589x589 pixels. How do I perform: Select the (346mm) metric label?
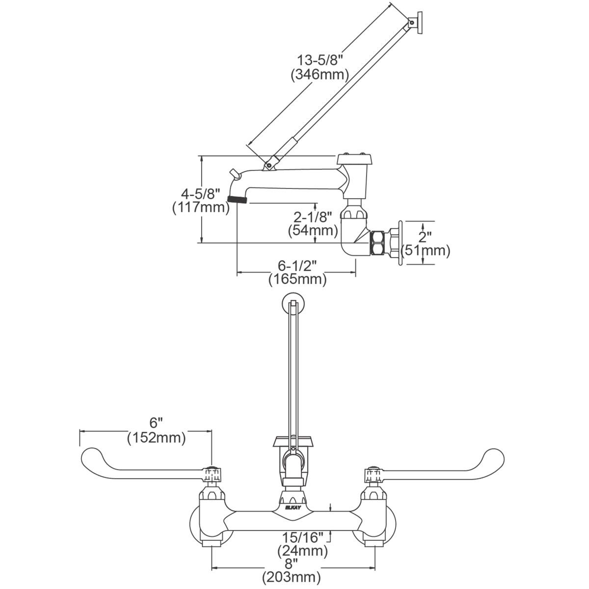point(319,75)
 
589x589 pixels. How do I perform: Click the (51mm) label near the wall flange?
point(425,250)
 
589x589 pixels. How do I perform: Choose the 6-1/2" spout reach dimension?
point(297,265)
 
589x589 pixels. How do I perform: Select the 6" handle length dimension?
point(156,422)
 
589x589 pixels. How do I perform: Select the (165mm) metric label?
point(297,280)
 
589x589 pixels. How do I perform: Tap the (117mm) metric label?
point(201,207)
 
